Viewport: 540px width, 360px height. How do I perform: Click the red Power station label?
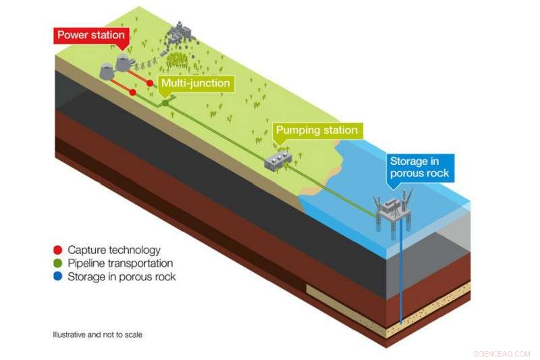[x=90, y=36]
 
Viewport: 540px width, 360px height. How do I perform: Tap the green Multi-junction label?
[x=194, y=84]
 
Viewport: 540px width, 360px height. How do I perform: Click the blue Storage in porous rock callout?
[x=418, y=168]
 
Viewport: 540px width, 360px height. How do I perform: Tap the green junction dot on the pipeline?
[x=165, y=103]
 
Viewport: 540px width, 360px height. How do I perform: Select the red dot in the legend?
[x=58, y=251]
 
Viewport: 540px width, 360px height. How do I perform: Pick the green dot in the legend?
[x=58, y=263]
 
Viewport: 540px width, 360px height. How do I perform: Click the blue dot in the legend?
[x=58, y=277]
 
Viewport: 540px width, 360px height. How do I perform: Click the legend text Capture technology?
[x=114, y=251]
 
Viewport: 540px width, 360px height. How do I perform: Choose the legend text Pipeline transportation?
[x=120, y=263]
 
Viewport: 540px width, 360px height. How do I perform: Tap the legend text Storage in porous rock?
[x=122, y=277]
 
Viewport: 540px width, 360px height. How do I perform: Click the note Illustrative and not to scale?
[x=98, y=334]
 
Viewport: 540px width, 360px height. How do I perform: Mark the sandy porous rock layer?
[x=432, y=307]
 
